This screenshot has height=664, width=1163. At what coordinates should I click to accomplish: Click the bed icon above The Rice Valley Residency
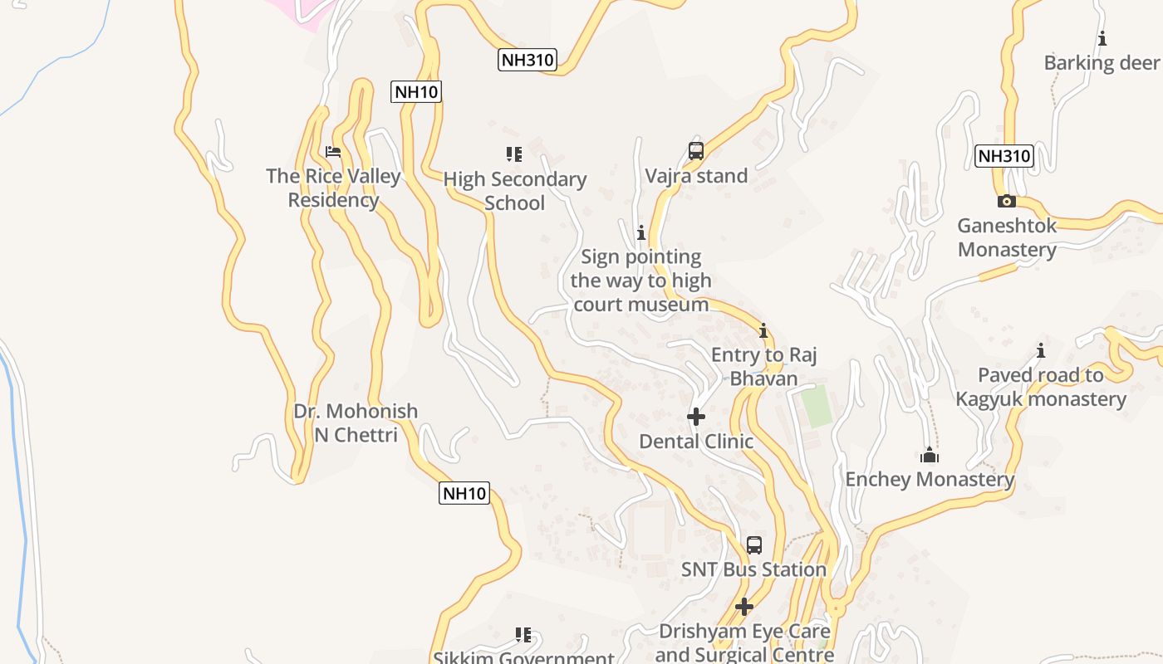pyautogui.click(x=333, y=152)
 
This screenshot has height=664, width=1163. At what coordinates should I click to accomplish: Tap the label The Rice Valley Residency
pyautogui.click(x=333, y=188)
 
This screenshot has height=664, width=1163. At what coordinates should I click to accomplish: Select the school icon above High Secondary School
pyautogui.click(x=514, y=154)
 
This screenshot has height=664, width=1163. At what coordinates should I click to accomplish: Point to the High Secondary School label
pyautogui.click(x=514, y=191)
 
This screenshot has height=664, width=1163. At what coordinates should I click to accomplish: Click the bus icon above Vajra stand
pyautogui.click(x=696, y=151)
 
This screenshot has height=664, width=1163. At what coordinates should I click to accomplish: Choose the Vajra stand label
pyautogui.click(x=696, y=176)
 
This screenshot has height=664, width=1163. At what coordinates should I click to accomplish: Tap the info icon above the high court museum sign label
pyautogui.click(x=640, y=232)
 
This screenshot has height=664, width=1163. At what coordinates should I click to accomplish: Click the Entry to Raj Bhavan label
pyautogui.click(x=763, y=367)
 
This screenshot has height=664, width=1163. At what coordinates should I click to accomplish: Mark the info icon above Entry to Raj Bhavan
pyautogui.click(x=763, y=331)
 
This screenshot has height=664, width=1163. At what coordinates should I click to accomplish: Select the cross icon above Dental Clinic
pyautogui.click(x=696, y=417)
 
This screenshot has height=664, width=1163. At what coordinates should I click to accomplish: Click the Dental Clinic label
pyautogui.click(x=696, y=442)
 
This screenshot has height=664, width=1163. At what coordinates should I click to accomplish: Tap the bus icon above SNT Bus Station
pyautogui.click(x=753, y=545)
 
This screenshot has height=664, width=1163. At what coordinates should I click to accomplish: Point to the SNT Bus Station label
pyautogui.click(x=753, y=569)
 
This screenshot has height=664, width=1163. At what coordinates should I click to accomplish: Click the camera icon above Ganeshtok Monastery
pyautogui.click(x=1007, y=201)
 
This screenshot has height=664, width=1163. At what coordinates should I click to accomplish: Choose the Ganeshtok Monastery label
pyautogui.click(x=1007, y=237)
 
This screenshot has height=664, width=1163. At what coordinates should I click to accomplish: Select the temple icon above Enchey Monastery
pyautogui.click(x=930, y=455)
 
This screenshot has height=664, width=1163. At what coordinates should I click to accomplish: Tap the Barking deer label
pyautogui.click(x=1102, y=63)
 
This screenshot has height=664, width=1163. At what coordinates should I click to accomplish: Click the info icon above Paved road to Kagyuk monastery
pyautogui.click(x=1040, y=350)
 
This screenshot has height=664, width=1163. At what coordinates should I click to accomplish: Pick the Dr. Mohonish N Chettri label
pyautogui.click(x=356, y=422)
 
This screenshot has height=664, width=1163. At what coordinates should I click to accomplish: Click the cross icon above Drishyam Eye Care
pyautogui.click(x=743, y=607)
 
